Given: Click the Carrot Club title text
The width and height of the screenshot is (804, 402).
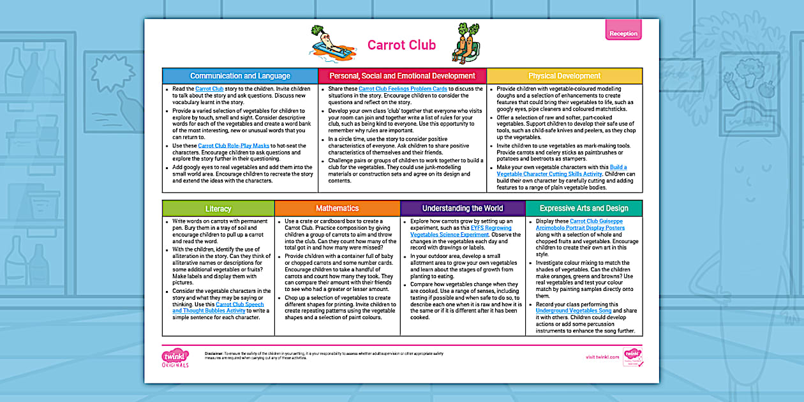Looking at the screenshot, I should [x=401, y=45].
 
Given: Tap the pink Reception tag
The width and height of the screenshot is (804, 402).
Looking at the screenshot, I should [x=623, y=33].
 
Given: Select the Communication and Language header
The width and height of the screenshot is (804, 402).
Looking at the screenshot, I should [x=240, y=76].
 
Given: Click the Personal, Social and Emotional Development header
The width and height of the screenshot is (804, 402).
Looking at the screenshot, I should [x=402, y=76].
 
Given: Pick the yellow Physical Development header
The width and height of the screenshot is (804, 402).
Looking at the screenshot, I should [x=564, y=76].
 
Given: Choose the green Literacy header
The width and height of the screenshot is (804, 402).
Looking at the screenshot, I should [x=218, y=209].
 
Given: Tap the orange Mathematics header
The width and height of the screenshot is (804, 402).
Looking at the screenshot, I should [x=337, y=208].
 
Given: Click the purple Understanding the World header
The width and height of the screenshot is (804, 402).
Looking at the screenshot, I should [x=462, y=208].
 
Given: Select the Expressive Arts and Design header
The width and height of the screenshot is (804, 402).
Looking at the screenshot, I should [x=583, y=208].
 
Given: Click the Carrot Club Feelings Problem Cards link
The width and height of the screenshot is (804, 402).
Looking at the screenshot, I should [x=402, y=89].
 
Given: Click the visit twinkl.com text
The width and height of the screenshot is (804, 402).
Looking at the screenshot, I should [x=602, y=357].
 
